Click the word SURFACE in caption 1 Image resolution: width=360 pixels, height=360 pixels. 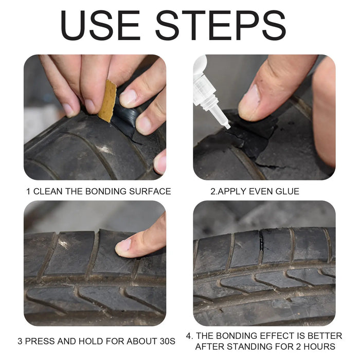coord(149,191)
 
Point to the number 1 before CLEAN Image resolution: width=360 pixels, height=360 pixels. coord(28,191)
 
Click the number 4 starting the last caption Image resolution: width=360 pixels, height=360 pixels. coord(189,335)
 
